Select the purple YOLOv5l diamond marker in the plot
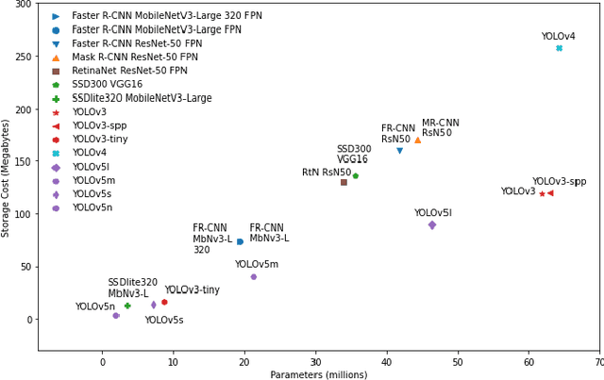432,224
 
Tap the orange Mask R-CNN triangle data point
418,140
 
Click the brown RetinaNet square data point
344,182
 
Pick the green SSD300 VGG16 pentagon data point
355,175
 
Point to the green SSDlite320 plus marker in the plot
127,306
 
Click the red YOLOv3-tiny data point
164,302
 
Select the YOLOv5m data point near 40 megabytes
254,276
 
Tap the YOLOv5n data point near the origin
116,316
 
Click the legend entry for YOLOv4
90,153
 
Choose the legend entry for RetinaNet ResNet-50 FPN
129,71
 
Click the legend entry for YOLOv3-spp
99,125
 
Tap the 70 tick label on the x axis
598,361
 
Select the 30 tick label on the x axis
315,361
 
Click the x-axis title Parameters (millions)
318,373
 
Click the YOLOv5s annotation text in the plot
163,321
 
